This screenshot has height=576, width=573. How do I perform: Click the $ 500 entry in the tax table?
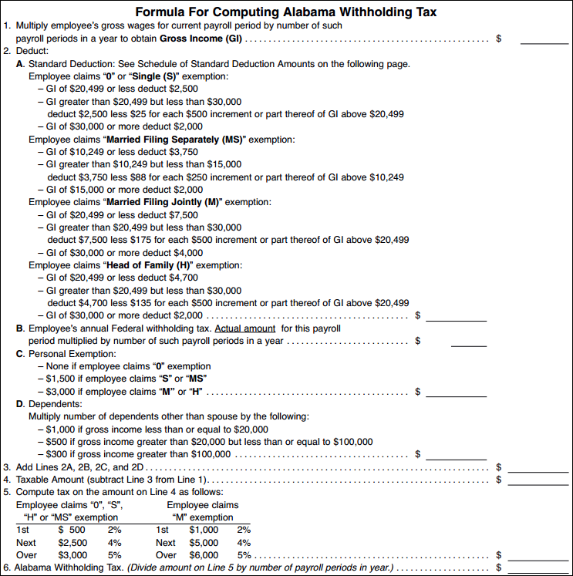[x=72, y=530]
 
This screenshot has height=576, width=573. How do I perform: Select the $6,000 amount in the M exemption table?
[x=204, y=554]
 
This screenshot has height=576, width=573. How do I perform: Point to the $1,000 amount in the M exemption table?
[x=204, y=530]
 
